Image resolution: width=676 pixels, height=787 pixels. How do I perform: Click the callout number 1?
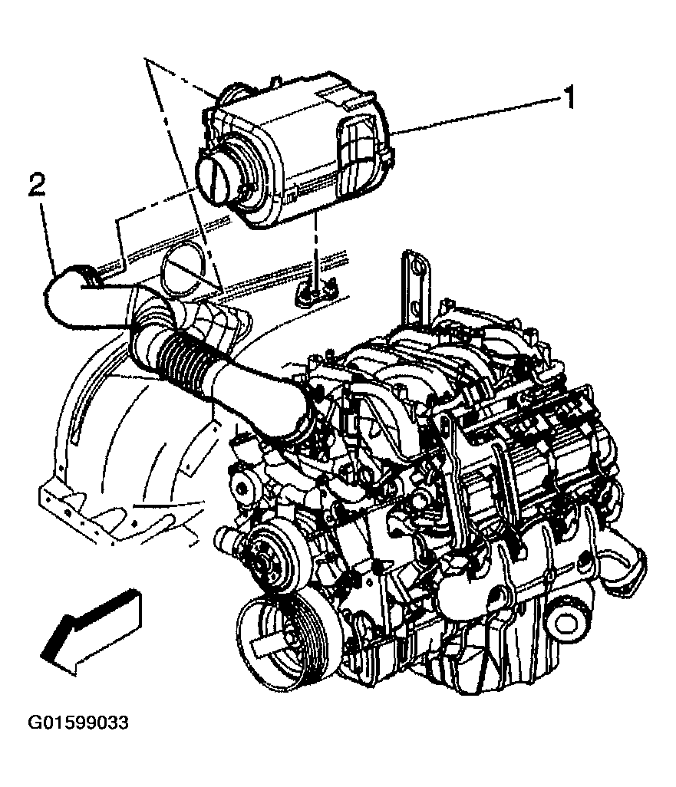click(x=569, y=97)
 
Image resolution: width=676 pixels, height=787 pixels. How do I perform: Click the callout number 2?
click(x=36, y=185)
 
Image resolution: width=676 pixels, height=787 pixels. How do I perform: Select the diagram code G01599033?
click(x=78, y=723)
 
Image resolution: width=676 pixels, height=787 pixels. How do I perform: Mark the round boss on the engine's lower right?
click(x=571, y=617)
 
